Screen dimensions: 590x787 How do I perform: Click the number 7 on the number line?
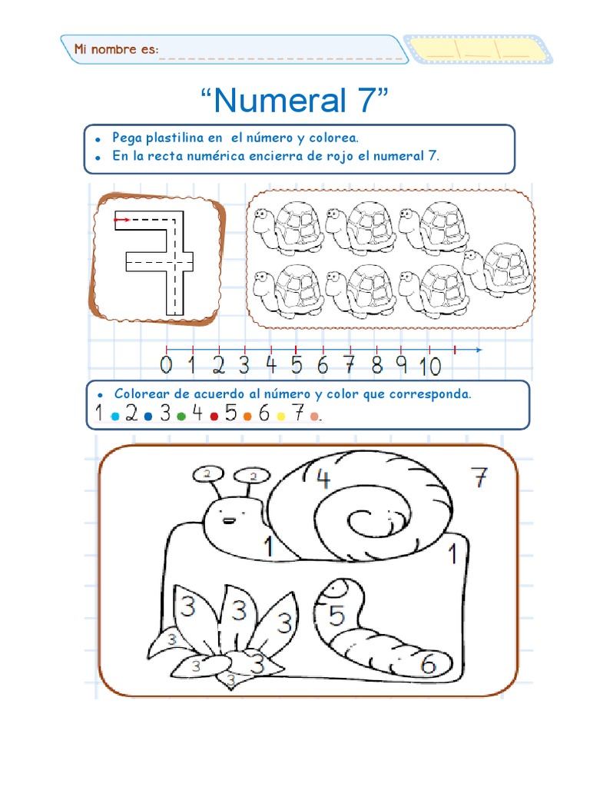[x=350, y=365]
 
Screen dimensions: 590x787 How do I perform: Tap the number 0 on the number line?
[x=166, y=365]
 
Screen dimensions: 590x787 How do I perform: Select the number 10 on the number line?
[x=430, y=367]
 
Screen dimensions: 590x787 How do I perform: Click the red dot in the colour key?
[x=214, y=416]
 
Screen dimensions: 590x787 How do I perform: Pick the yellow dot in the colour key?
[x=281, y=416]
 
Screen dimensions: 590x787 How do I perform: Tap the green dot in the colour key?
[x=181, y=416]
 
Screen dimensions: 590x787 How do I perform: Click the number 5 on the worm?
[x=336, y=616]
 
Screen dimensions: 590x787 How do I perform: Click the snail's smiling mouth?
[x=229, y=520]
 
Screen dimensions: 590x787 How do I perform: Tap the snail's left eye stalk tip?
[x=207, y=473]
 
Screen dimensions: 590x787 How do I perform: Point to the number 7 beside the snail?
[x=479, y=477]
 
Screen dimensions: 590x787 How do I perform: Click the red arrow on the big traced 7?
[x=122, y=220]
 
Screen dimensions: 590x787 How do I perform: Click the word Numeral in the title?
[x=280, y=100]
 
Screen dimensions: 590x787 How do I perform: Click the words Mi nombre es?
[x=117, y=49]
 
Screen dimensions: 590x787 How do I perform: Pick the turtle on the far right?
[x=497, y=270]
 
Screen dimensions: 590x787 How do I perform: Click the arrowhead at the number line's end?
[x=479, y=350]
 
